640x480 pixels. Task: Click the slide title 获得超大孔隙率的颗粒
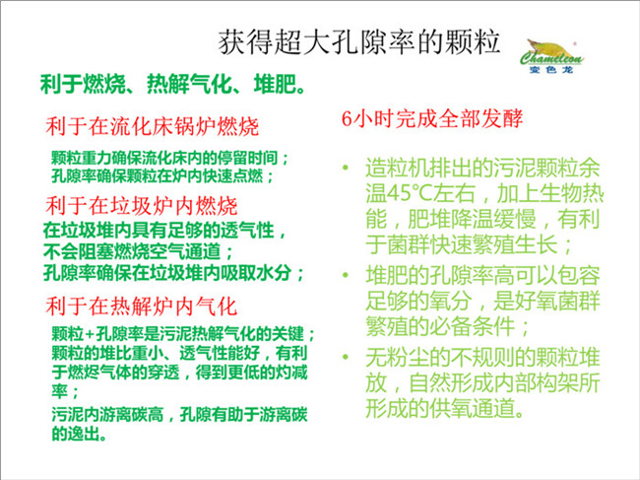[359, 42]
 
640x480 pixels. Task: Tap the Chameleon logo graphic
[551, 56]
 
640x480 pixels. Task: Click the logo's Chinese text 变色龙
[551, 70]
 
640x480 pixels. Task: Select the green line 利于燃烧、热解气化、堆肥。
[172, 85]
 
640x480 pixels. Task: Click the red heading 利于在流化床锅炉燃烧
[153, 126]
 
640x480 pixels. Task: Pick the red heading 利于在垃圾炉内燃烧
[142, 205]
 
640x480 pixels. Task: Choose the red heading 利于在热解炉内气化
[141, 307]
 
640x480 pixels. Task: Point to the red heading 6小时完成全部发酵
[432, 119]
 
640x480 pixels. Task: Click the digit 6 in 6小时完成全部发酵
[347, 119]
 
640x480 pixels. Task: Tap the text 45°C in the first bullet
[409, 193]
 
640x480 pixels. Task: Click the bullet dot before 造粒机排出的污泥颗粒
[347, 168]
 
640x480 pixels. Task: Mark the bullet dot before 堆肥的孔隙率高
[347, 275]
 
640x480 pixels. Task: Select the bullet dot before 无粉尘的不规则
[347, 357]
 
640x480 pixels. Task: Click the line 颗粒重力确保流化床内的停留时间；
[169, 158]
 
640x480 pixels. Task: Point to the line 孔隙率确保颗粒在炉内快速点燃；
[162, 176]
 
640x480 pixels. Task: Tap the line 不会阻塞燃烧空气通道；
[138, 251]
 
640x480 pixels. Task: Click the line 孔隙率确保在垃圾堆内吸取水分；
[174, 272]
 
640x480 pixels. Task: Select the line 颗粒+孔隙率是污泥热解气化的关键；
[183, 334]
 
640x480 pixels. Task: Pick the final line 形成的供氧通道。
[445, 408]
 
